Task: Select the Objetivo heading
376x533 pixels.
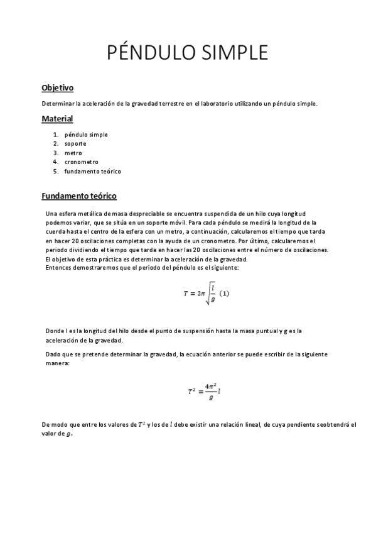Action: point(58,87)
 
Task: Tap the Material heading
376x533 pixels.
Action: point(57,119)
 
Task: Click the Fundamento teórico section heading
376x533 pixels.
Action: point(79,196)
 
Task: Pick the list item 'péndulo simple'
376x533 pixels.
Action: point(86,135)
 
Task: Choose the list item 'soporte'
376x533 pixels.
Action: point(75,143)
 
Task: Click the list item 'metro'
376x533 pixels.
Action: point(73,153)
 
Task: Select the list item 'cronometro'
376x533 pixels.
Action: point(81,162)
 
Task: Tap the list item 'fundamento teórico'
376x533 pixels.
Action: point(92,171)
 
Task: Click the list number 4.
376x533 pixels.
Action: point(55,162)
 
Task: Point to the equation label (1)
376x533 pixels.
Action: point(224,294)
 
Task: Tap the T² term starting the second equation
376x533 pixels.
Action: point(192,392)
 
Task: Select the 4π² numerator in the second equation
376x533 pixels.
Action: point(210,387)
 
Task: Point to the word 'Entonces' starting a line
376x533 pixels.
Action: point(60,268)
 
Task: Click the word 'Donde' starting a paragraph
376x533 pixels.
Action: point(55,331)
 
